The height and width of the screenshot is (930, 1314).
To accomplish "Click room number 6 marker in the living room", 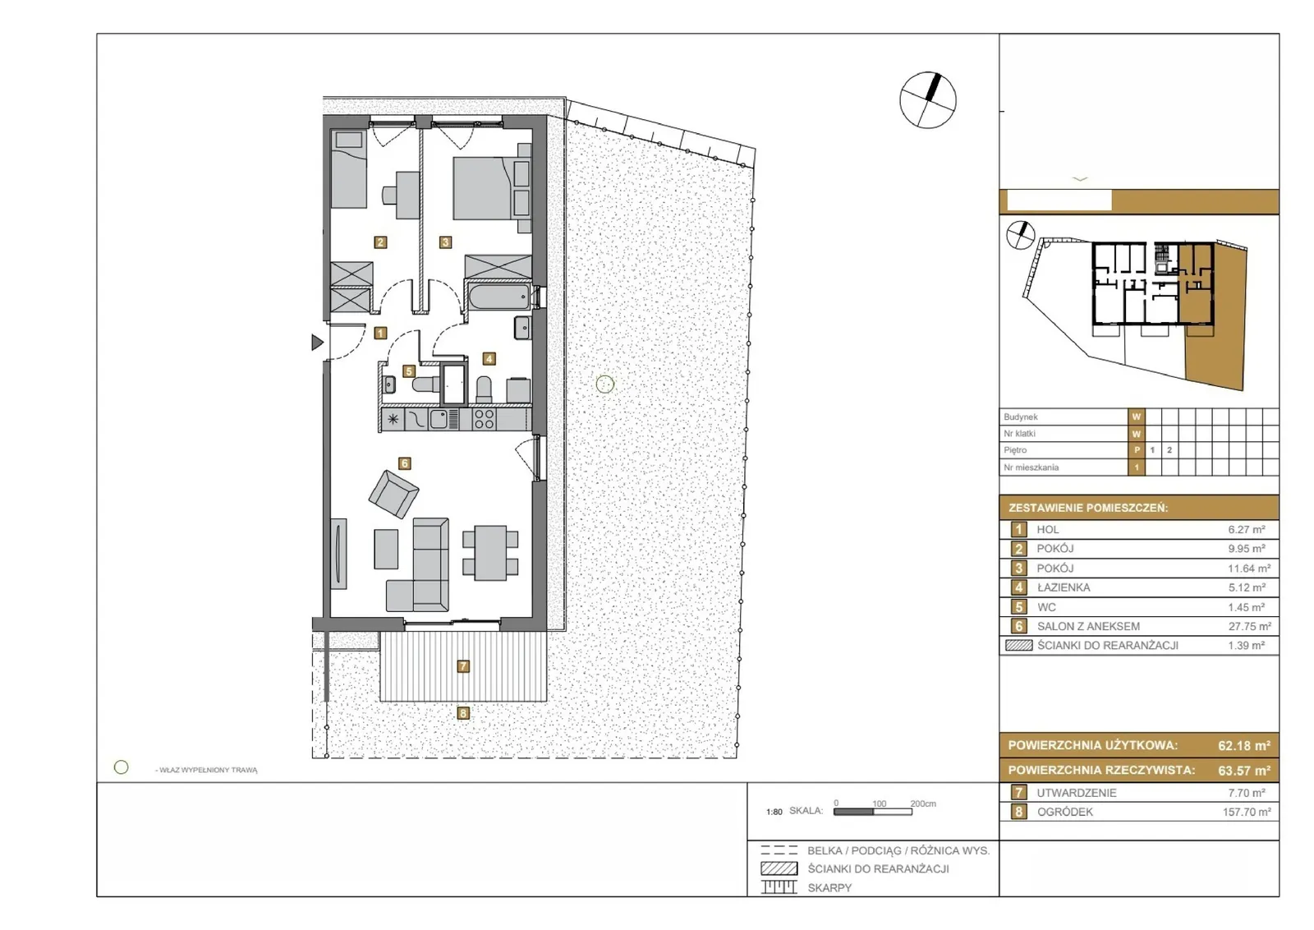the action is pos(404,463).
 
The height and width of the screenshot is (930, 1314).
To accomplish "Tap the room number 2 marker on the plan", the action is pos(380,242).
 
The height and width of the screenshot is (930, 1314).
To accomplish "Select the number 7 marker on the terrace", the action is pos(463,666).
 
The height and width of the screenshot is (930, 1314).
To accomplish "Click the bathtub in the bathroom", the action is pos(499,297).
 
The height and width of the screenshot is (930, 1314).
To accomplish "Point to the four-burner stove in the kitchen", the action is pos(484,420).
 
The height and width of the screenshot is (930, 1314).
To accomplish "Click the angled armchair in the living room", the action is pos(393,494).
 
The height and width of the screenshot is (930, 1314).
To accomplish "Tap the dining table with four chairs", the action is pos(490,553).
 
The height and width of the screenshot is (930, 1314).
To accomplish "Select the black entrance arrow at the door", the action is pos(317,342).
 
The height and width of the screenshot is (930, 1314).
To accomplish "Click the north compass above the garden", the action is pos(927,99).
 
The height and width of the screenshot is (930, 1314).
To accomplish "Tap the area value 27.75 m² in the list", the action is pos(1249,626).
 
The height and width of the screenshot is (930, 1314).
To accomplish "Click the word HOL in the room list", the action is pos(1048,529).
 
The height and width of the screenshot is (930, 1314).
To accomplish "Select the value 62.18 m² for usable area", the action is pos(1244,746).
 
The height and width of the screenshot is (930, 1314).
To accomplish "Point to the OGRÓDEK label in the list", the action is pos(1064,812).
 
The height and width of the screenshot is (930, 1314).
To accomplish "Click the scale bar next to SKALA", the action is pos(873,812).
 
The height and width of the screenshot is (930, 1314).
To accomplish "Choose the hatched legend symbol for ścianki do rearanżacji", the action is pos(779,868).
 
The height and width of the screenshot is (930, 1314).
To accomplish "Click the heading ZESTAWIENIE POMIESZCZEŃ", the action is pos(1088,508).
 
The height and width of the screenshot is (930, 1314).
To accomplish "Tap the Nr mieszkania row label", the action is pos(1031,467).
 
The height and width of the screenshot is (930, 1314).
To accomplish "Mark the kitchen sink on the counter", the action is pos(440,420).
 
